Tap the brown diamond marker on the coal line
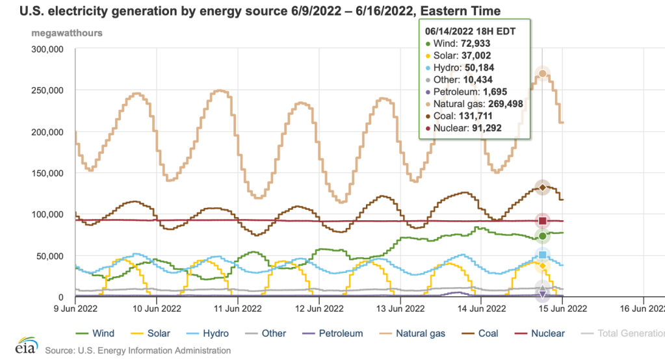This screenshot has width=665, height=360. click(x=542, y=188)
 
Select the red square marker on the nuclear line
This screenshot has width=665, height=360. click(x=542, y=221)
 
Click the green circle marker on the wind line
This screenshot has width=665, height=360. click(x=542, y=236)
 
